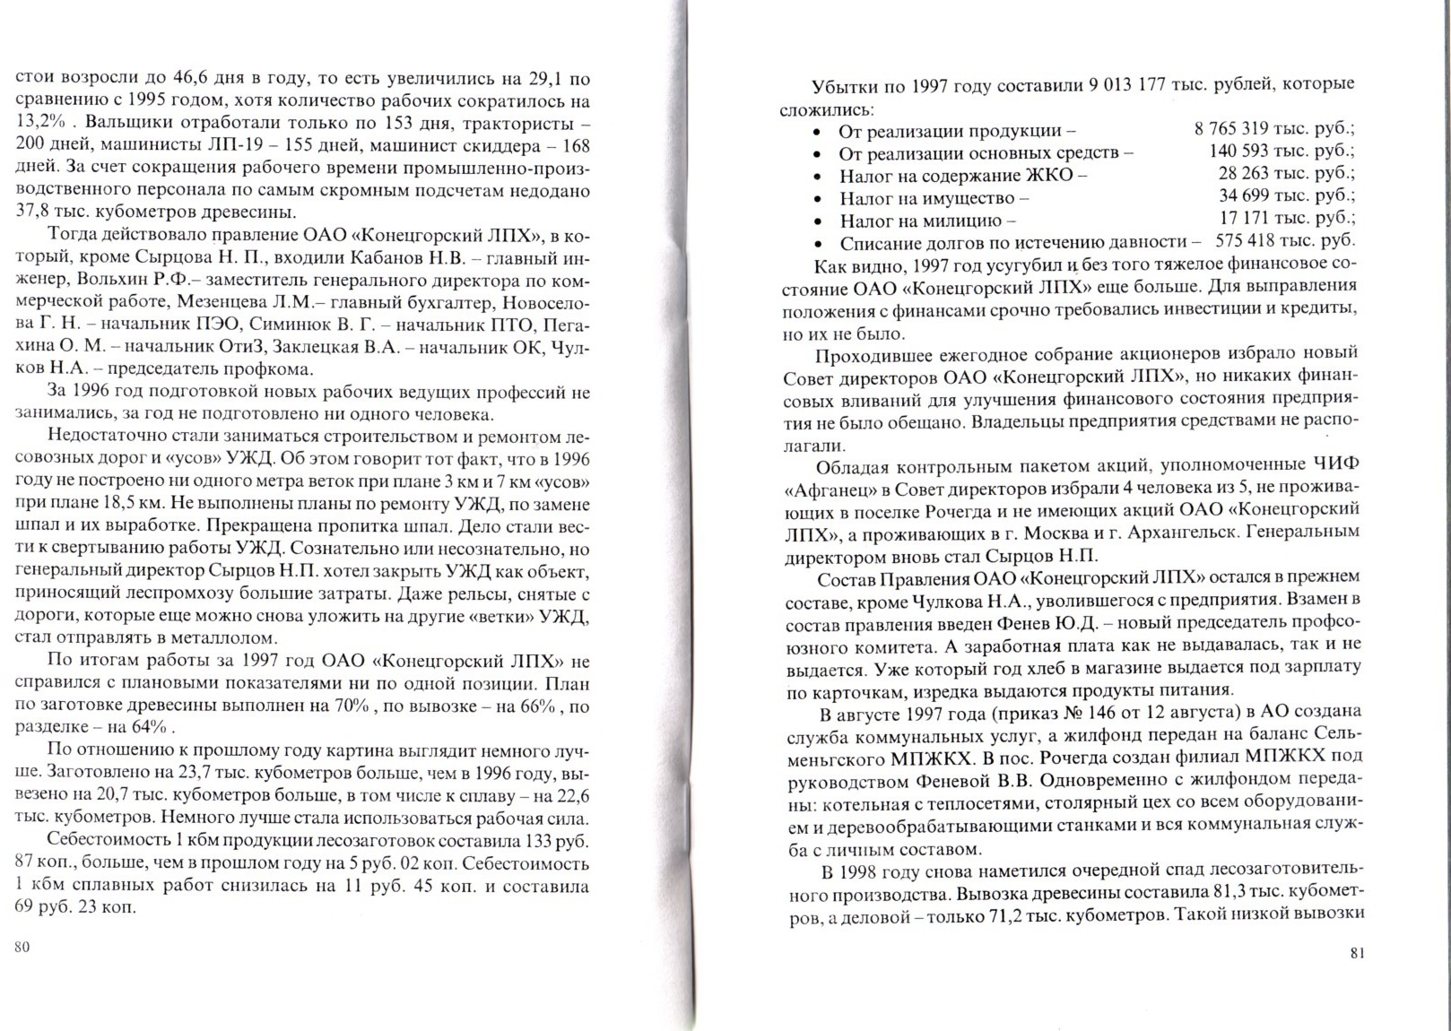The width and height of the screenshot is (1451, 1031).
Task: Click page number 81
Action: coord(1356,954)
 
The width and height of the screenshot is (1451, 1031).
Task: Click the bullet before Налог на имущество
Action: coord(818,198)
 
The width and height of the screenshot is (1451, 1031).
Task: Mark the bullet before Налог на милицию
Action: coord(818,221)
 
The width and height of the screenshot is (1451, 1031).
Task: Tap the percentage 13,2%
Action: coord(40,122)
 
